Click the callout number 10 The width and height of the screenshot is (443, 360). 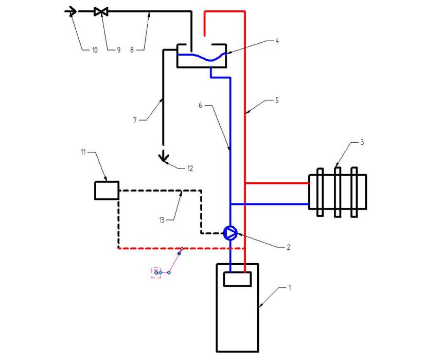95,50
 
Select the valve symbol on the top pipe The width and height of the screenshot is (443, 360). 101,12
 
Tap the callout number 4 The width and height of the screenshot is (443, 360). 277,41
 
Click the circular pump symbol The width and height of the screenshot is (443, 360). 231,233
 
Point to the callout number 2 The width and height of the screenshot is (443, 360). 288,247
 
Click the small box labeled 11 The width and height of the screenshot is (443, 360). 107,191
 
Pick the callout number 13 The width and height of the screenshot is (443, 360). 162,220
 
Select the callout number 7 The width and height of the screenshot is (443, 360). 135,120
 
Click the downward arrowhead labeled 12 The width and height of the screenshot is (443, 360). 163,158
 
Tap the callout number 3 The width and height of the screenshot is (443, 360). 362,142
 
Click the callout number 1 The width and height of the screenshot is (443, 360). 289,287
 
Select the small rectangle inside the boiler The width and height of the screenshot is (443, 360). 237,279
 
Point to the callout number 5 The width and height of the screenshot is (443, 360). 277,100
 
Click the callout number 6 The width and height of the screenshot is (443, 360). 200,106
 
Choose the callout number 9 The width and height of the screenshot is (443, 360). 119,50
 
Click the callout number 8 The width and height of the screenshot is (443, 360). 132,50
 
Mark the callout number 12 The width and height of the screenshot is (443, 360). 190,168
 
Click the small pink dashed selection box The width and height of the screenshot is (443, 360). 156,272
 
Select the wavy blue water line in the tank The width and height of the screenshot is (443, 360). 202,57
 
